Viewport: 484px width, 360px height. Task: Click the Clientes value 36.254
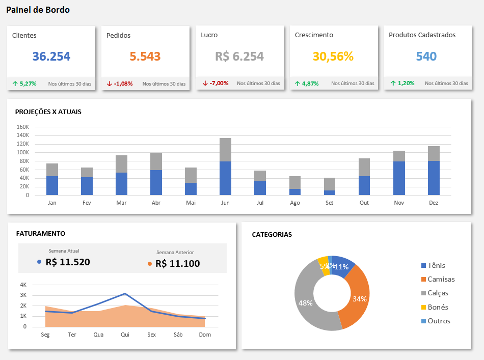(51, 57)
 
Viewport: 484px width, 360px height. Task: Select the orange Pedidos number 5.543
(145, 57)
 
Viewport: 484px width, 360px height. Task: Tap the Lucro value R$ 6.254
(239, 57)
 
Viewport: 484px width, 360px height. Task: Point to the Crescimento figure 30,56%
(333, 57)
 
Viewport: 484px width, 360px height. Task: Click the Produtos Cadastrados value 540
(426, 57)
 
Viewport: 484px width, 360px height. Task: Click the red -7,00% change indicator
(219, 83)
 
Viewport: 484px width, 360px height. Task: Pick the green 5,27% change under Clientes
(28, 83)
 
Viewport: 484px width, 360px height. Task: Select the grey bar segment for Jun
(225, 150)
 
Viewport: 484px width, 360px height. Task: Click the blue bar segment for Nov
(399, 178)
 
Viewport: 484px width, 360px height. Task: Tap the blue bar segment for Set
(330, 192)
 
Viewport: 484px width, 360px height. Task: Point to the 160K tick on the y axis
(23, 127)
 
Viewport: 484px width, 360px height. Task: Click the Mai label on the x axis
(191, 203)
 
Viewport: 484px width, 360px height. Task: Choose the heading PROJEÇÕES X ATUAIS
(48, 112)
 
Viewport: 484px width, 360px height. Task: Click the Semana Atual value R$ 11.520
(68, 262)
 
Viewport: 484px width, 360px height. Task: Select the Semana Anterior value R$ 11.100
(177, 263)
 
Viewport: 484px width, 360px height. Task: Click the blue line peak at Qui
(125, 293)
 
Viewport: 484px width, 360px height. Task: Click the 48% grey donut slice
(306, 303)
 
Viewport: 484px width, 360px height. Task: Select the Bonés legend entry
(438, 307)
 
